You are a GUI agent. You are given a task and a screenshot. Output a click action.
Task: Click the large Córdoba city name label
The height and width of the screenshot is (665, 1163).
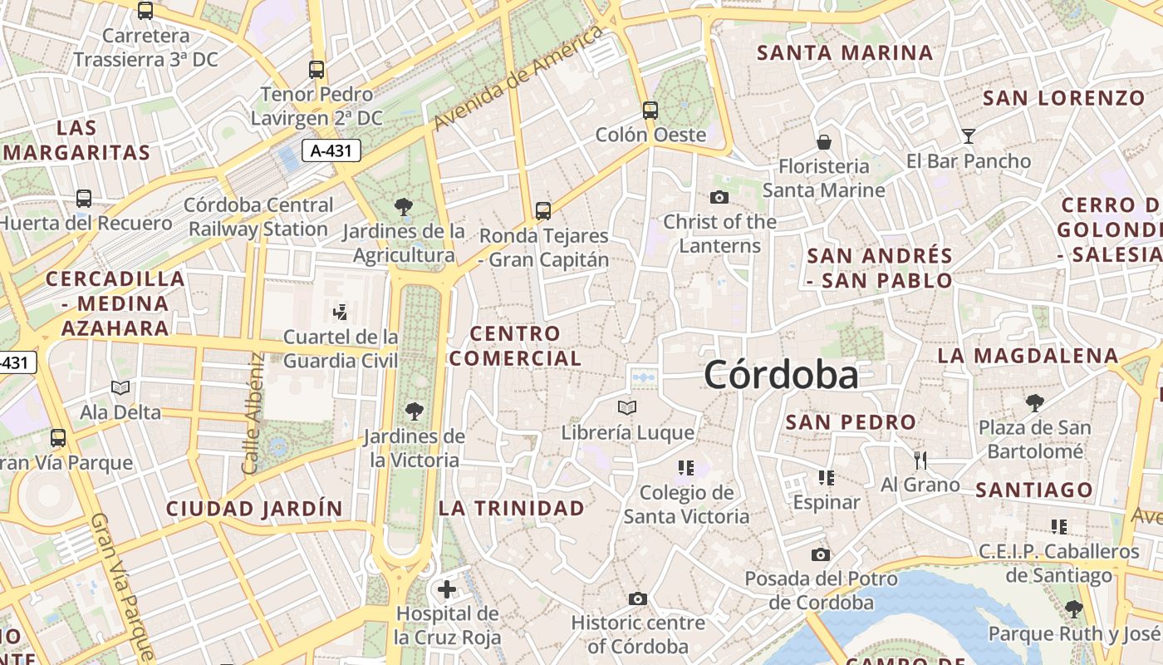[781, 376]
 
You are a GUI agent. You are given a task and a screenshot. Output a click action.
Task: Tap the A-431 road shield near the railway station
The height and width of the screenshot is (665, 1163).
[331, 150]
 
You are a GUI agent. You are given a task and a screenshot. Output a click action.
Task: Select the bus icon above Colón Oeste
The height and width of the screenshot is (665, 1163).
[650, 110]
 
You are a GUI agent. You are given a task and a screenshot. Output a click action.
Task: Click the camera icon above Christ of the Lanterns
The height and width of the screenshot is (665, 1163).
[719, 197]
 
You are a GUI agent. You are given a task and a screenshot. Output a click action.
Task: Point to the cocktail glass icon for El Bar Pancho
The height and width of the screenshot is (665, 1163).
[968, 135]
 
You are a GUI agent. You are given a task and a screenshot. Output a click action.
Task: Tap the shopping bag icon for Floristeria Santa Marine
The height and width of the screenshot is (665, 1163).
[824, 141]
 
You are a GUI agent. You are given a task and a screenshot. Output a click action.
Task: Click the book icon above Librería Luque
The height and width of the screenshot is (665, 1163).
[627, 407]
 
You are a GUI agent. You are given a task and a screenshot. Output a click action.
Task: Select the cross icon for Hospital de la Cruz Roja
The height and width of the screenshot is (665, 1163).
[447, 589]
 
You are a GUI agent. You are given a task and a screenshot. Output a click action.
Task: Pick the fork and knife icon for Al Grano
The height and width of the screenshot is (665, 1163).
[920, 460]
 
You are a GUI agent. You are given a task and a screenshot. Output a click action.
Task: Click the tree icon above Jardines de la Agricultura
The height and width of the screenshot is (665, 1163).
[404, 205]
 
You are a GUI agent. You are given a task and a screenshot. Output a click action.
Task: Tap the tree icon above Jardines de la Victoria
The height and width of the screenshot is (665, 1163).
[414, 411]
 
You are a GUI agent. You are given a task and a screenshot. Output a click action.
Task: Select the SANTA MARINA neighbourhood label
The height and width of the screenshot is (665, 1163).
[845, 53]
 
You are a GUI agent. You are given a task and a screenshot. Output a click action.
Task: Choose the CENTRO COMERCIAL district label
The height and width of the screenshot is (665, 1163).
[515, 346]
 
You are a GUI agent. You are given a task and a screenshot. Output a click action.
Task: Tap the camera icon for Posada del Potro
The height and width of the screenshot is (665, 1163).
[820, 554]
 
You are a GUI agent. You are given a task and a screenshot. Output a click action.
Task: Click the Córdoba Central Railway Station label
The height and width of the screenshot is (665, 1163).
[258, 216]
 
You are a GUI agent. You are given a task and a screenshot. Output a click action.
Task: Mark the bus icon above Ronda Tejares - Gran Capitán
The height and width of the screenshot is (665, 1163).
[543, 210]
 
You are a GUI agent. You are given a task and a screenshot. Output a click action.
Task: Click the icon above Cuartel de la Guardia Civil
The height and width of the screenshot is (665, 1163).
[340, 313]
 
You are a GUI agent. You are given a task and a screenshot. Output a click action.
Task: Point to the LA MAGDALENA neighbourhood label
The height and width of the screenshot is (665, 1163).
[1028, 356]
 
